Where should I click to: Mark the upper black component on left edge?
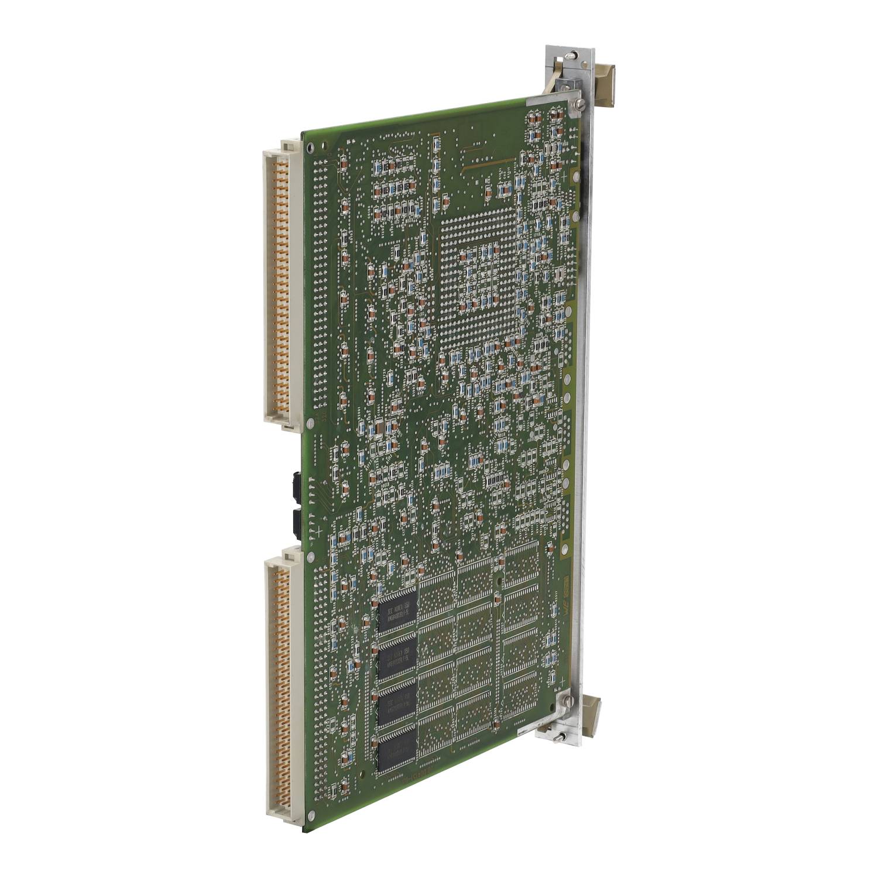coord(295,485)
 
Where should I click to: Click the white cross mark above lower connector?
coord(317,530)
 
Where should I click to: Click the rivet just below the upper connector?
coord(310,423)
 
